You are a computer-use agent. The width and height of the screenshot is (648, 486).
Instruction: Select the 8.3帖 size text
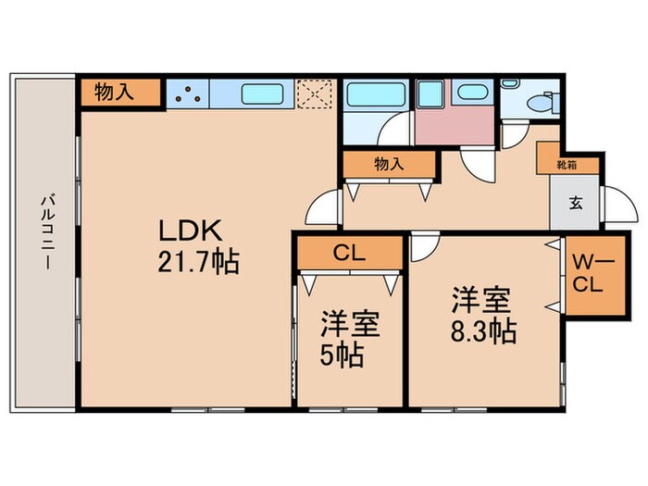tap(484, 330)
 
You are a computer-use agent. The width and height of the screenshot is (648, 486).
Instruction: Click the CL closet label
tap(349, 252)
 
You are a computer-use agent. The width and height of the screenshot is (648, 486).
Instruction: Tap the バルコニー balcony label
tap(44, 231)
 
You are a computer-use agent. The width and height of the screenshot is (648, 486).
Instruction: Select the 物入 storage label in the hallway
tap(389, 164)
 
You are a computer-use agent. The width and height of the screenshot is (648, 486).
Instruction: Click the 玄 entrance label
tap(575, 203)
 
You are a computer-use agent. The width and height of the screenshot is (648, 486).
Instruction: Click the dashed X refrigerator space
tap(318, 93)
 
